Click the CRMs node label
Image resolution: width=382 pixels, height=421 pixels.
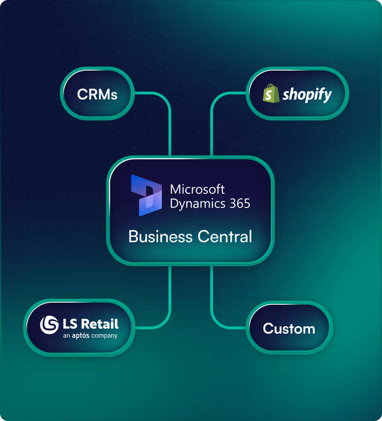(x=97, y=94)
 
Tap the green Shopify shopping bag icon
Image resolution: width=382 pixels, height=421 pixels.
(x=270, y=94)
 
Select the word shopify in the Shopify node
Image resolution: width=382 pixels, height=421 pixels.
(x=307, y=94)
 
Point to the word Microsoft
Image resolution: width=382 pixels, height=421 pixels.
(x=197, y=189)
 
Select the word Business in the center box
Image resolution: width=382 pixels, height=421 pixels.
(x=160, y=237)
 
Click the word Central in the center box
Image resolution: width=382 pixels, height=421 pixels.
(x=225, y=237)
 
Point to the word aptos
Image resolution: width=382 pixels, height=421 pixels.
(x=81, y=336)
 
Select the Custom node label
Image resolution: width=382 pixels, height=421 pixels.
(x=289, y=329)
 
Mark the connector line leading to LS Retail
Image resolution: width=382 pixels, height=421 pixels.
(x=169, y=298)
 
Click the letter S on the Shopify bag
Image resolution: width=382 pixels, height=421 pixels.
(x=270, y=95)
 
